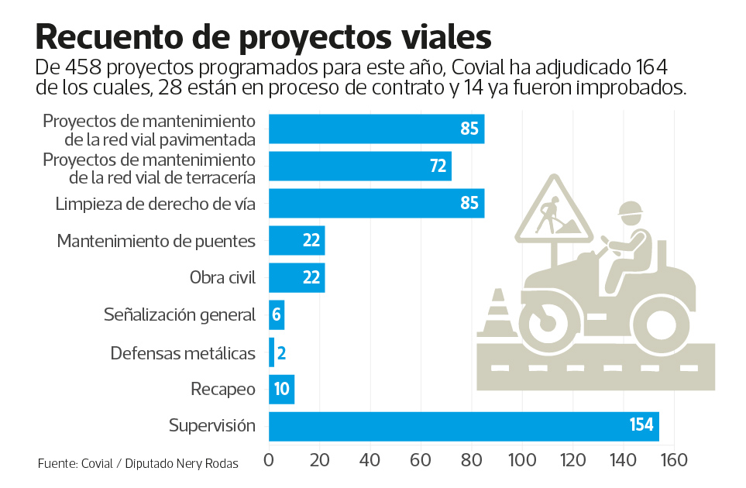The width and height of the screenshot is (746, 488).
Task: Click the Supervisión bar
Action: [463, 426]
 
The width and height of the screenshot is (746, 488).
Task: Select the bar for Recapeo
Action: [281, 389]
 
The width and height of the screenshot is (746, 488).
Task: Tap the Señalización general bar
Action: [277, 314]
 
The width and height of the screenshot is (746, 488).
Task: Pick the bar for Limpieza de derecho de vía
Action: [376, 203]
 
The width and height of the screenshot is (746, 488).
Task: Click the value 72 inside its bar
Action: [436, 166]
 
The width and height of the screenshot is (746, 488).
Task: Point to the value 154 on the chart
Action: [641, 426]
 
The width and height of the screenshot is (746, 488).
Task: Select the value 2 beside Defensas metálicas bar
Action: [282, 353]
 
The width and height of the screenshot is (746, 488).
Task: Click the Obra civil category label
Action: [222, 277]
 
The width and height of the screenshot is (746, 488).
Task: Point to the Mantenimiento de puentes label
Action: [156, 241]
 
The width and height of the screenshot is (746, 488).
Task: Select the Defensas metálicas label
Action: [182, 353]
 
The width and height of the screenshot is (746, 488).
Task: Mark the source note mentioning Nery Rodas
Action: [137, 464]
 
